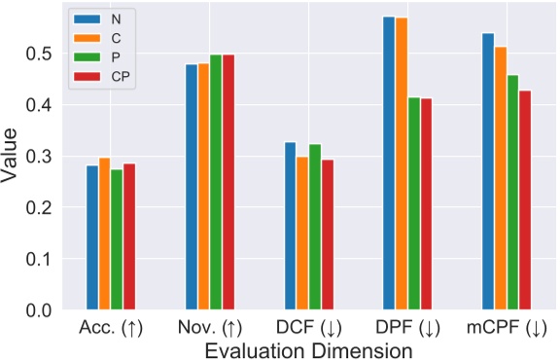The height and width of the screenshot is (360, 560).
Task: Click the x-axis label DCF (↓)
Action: [309, 329]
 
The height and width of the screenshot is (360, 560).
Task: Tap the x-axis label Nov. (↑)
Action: [210, 329]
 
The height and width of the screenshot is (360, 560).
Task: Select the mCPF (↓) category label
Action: [507, 329]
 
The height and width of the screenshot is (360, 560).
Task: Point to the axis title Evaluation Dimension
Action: [309, 349]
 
